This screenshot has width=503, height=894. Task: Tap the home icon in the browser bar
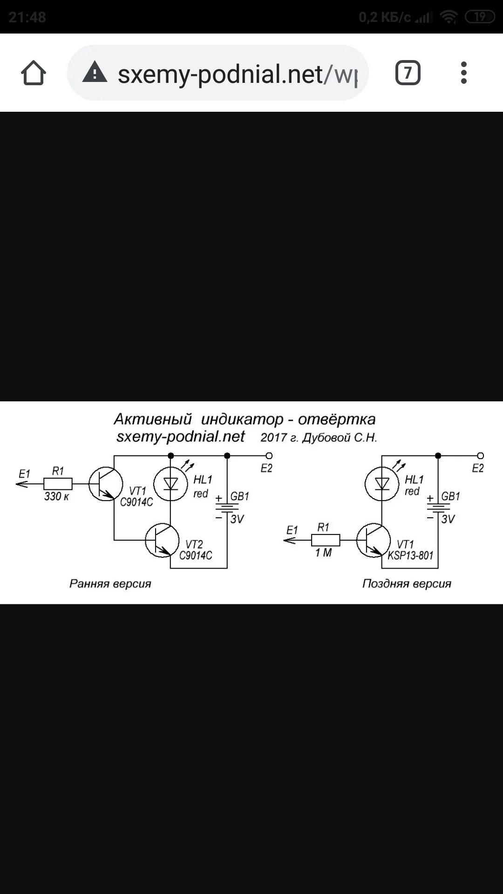[34, 73]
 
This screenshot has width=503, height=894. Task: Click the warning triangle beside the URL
[95, 73]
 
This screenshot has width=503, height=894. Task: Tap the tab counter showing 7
[408, 73]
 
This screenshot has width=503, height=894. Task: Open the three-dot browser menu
[463, 73]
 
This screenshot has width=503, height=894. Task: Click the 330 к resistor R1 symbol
[58, 484]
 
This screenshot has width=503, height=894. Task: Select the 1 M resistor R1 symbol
[326, 540]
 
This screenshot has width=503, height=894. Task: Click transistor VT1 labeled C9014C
[106, 484]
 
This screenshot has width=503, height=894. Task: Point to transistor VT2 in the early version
[162, 540]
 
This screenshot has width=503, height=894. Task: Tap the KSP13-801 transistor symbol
[374, 540]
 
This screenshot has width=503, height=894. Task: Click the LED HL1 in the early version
[170, 484]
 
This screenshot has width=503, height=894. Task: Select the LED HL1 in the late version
[382, 484]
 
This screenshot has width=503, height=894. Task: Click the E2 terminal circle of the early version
[269, 455]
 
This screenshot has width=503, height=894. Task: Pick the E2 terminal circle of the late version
[480, 455]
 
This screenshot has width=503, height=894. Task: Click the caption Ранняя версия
[110, 583]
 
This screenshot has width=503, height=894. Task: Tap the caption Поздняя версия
[407, 583]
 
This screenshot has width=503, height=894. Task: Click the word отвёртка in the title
[336, 419]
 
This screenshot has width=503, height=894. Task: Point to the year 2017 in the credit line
[273, 438]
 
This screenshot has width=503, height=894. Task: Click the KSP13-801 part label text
[410, 555]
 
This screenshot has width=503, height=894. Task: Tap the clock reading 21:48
[27, 17]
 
